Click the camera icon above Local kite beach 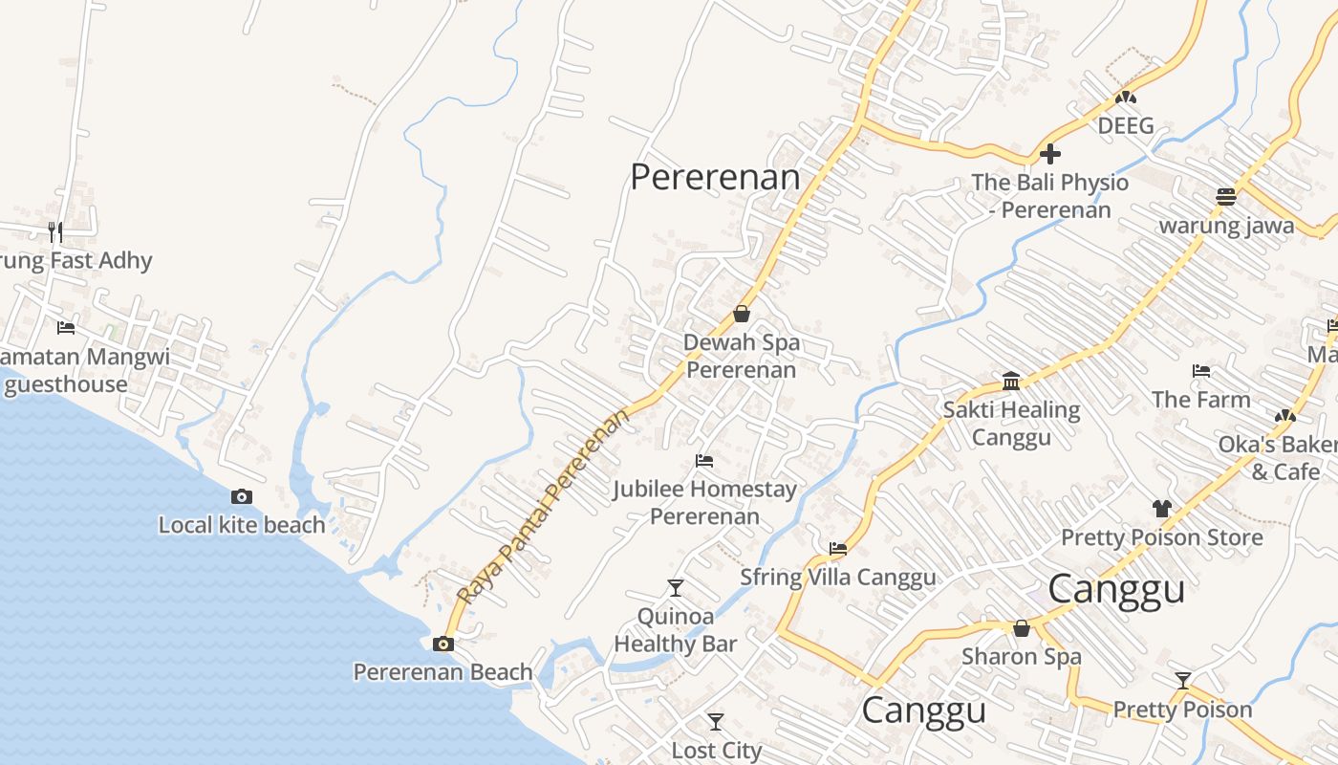(x=242, y=496)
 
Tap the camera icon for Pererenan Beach (x=442, y=644)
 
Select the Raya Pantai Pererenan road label (x=544, y=506)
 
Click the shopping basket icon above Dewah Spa (x=741, y=314)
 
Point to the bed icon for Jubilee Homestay (x=704, y=461)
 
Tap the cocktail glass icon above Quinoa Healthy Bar (x=676, y=587)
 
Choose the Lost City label (x=716, y=751)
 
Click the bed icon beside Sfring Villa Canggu (x=838, y=549)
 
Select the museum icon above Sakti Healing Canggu (x=1011, y=382)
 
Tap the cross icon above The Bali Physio (x=1049, y=153)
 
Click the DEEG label (x=1125, y=126)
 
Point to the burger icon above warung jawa (x=1226, y=197)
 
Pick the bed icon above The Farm (x=1201, y=371)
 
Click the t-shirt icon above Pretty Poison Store (x=1161, y=509)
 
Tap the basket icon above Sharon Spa (x=1021, y=628)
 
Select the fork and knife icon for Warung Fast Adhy (x=55, y=231)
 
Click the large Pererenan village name (x=715, y=177)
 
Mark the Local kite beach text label (x=242, y=525)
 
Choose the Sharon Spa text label (x=1021, y=657)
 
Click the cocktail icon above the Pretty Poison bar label (x=1182, y=681)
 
